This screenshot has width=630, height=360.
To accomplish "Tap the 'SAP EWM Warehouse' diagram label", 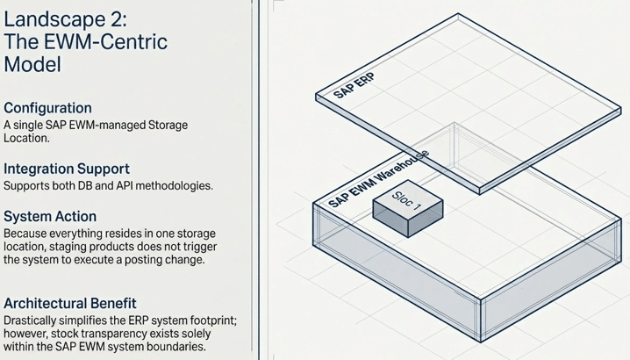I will (377, 178).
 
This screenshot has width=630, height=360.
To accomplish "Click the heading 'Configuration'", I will (47, 107).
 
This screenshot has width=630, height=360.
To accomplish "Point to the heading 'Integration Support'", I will (67, 168).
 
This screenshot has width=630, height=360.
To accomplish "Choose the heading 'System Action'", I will (50, 216).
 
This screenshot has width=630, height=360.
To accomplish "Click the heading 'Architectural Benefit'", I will (70, 304).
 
